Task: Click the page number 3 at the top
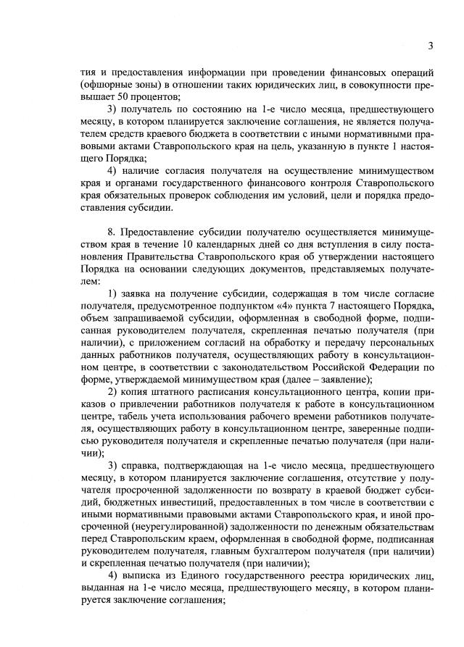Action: coord(430,46)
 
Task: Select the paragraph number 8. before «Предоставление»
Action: coord(110,233)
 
